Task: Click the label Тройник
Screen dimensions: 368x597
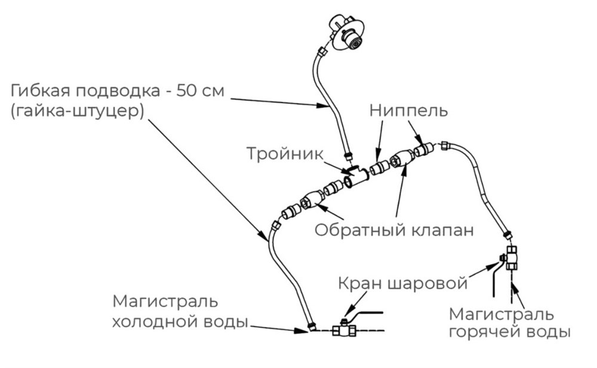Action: [x=285, y=153]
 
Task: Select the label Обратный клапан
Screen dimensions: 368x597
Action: [x=394, y=230]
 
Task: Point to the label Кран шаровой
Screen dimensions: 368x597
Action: [x=402, y=283]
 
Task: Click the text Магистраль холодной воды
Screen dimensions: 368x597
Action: [x=179, y=311]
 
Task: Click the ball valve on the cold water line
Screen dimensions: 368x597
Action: [x=344, y=329]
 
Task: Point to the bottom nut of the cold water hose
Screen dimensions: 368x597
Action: [x=311, y=326]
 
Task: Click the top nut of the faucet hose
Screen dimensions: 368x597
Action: [x=323, y=53]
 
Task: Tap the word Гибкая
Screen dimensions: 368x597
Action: [x=44, y=91]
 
